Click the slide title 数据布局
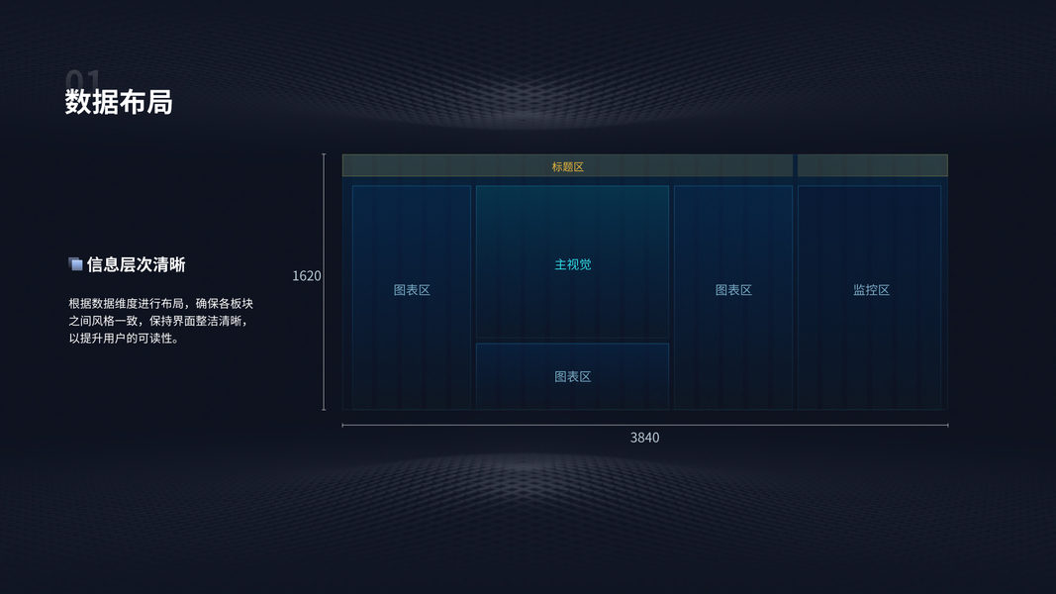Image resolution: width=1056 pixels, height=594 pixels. [119, 102]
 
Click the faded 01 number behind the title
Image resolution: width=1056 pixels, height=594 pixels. [83, 78]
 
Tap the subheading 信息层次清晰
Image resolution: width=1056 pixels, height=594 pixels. [136, 264]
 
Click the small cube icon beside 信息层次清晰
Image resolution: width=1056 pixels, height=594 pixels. [75, 264]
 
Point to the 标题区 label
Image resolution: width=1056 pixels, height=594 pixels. [568, 166]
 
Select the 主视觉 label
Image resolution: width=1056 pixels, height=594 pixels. [573, 264]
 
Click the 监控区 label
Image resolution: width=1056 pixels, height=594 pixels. [871, 290]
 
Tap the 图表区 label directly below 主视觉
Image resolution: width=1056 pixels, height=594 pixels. [572, 376]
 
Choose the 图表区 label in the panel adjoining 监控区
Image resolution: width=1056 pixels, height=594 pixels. [733, 290]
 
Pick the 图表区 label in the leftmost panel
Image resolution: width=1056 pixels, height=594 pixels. [412, 290]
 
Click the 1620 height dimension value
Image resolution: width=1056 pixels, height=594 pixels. [307, 275]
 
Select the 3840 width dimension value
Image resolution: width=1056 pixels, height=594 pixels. [644, 437]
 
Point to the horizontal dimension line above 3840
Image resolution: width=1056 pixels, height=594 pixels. [495, 425]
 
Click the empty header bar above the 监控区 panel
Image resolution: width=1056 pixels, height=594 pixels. [872, 165]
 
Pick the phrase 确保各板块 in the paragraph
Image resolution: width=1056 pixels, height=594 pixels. [224, 303]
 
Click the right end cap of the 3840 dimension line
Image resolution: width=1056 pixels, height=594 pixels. [947, 425]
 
